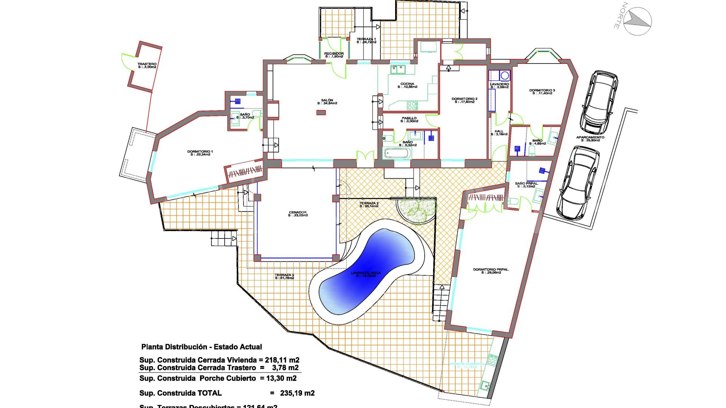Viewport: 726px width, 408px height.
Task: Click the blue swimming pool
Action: (369, 272)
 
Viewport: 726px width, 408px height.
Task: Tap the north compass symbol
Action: (637, 21)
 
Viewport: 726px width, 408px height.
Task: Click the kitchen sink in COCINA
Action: (397, 70)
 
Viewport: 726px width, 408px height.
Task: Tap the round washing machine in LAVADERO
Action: (505, 75)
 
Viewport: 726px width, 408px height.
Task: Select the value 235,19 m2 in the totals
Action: (297, 393)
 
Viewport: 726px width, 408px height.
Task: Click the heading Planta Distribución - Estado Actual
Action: (202, 347)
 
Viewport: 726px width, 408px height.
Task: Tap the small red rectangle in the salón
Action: (321, 112)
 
